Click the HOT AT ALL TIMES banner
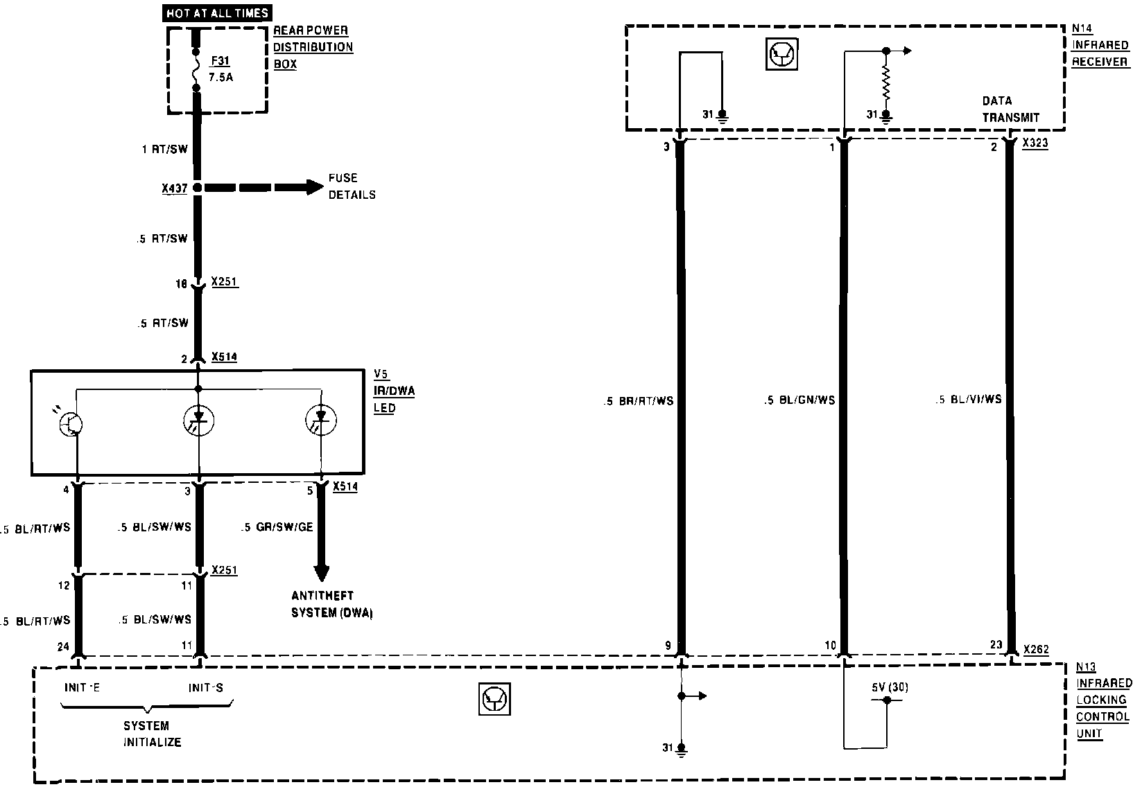[x=217, y=12]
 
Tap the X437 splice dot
[x=198, y=187]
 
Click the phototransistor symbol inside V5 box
[x=72, y=424]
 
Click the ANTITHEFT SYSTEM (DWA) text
[x=332, y=604]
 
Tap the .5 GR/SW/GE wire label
[x=277, y=527]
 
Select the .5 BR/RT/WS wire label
[x=639, y=401]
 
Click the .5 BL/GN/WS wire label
[x=799, y=400]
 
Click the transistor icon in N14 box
[x=781, y=55]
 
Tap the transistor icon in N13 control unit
[x=494, y=699]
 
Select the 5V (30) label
[x=890, y=688]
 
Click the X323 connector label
[x=1035, y=143]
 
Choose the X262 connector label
[x=1036, y=650]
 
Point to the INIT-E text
[x=82, y=688]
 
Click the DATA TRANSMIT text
[x=1010, y=109]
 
